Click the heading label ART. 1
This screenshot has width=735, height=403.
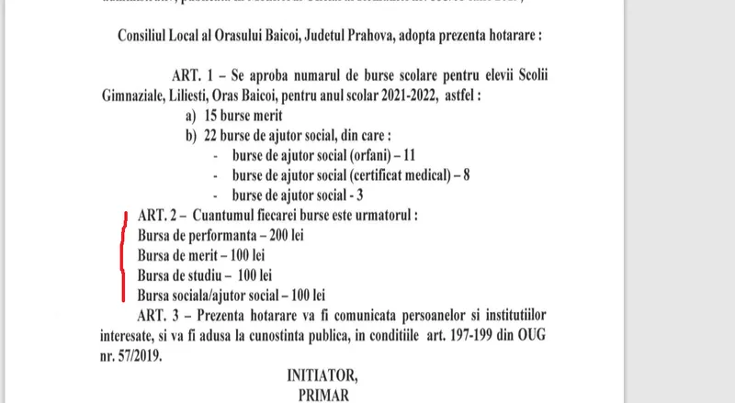click(195, 74)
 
